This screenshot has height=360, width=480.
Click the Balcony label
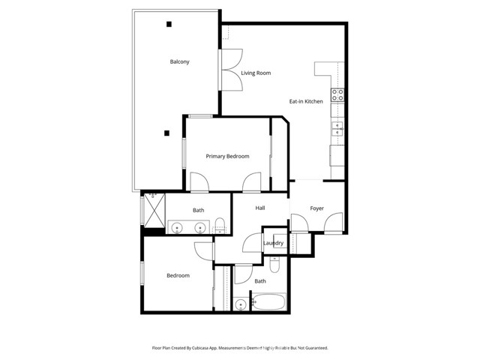coord(179,61)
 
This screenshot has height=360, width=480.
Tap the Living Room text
coord(256,73)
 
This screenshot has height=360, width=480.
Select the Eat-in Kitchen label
coord(306,101)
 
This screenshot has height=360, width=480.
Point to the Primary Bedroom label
coord(227,156)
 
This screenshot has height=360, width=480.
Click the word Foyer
coord(317,208)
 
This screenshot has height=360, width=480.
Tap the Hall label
coord(260,208)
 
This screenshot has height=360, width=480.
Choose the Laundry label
coord(273,243)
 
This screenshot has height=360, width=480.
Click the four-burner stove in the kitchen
coord(338,94)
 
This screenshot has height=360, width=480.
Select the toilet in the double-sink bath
coord(220,224)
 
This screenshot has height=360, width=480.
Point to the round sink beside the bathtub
coord(241,304)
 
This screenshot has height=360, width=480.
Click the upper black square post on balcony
coord(169,25)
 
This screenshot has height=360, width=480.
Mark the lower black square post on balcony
coord(166,133)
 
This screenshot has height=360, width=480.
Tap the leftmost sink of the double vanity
coord(177,228)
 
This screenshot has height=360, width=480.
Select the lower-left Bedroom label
coord(178,275)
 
